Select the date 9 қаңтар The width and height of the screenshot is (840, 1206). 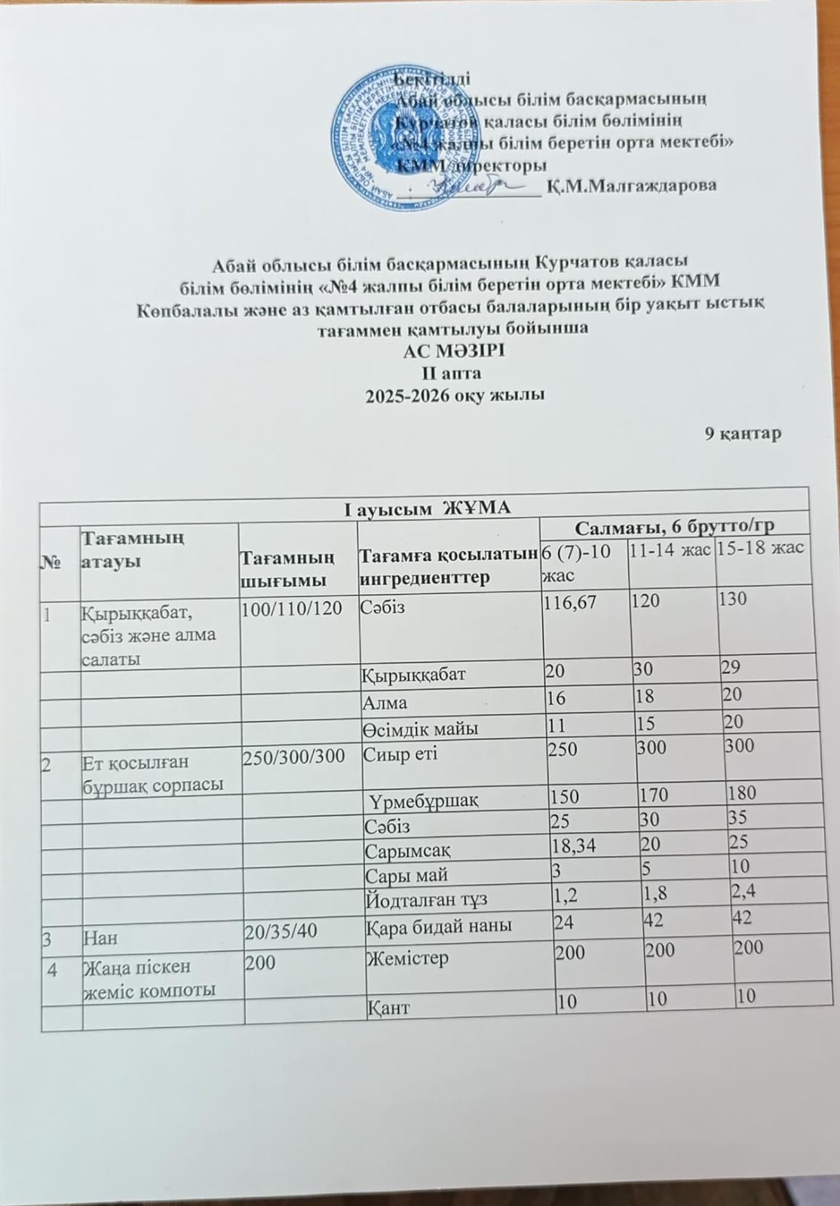pos(742,433)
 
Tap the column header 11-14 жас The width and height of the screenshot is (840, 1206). pos(670,551)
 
